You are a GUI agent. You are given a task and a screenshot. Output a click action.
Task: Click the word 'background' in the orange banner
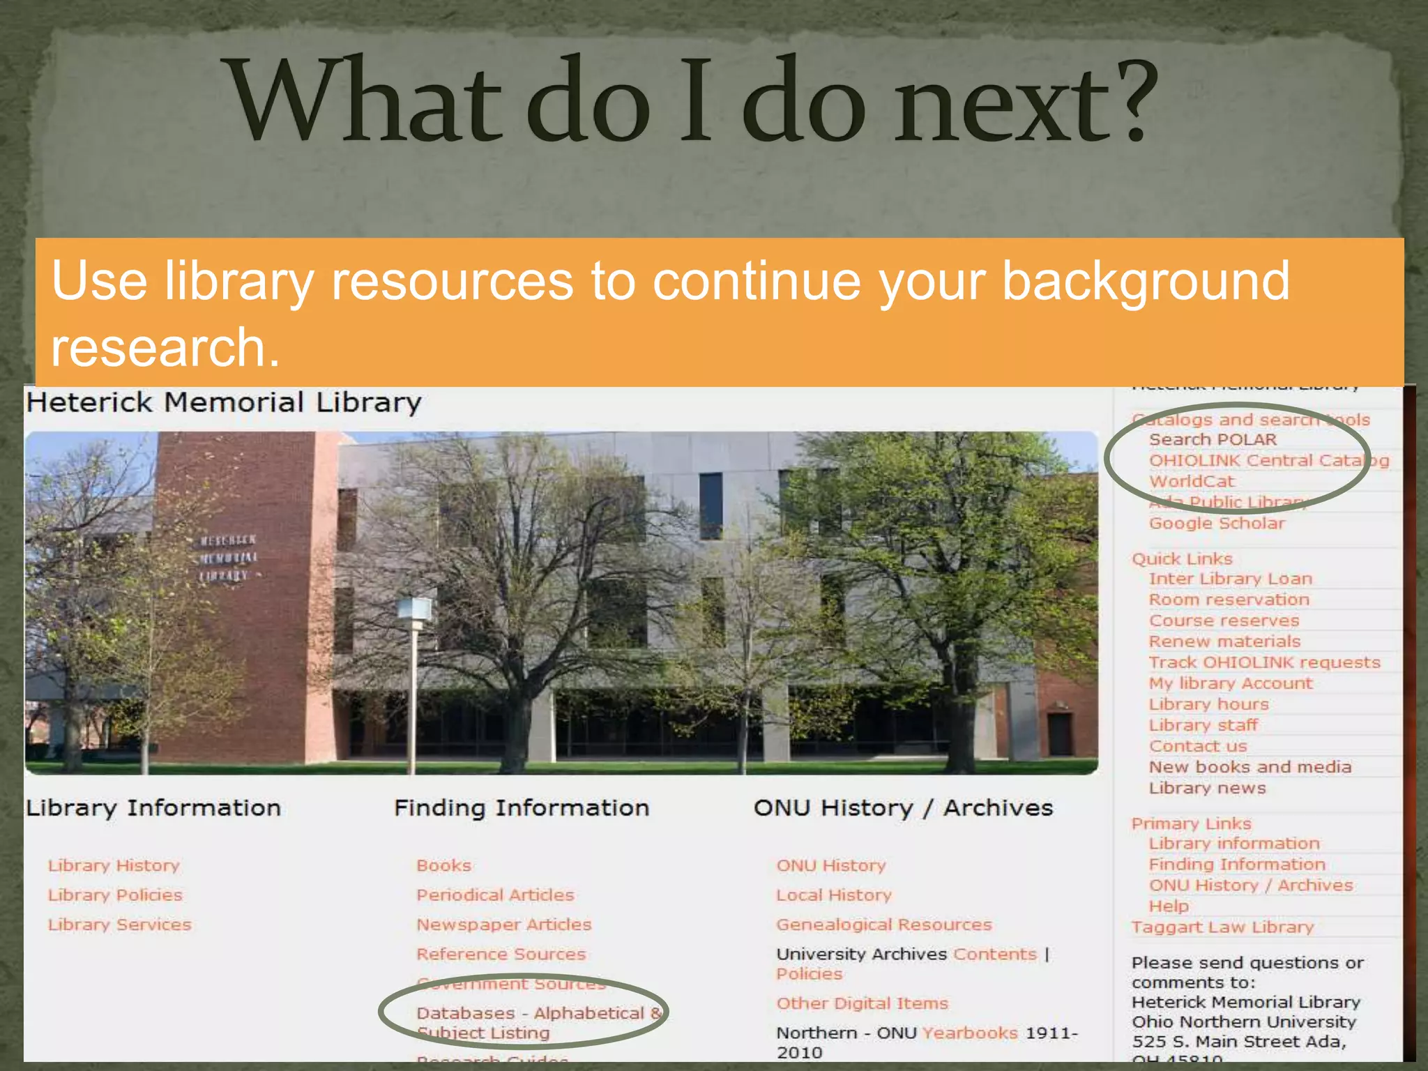click(x=1145, y=280)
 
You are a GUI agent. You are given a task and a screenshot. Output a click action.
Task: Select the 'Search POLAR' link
click(x=1213, y=440)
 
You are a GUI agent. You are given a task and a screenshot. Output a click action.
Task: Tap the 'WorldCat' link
click(x=1192, y=482)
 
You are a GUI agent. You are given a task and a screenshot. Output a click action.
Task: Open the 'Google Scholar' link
click(x=1217, y=524)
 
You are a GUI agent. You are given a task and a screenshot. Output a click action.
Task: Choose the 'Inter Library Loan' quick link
click(x=1231, y=579)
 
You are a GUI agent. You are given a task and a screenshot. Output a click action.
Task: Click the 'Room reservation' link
click(x=1229, y=600)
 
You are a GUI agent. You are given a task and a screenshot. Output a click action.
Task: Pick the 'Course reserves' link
click(x=1224, y=621)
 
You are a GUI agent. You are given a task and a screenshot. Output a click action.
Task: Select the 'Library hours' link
click(x=1208, y=705)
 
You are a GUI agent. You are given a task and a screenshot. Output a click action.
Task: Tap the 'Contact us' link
click(x=1198, y=747)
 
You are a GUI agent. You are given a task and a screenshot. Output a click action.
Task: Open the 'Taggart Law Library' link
click(x=1222, y=927)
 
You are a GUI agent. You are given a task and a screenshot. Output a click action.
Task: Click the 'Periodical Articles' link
click(x=495, y=895)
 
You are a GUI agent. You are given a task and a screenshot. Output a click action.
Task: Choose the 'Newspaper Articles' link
click(x=503, y=925)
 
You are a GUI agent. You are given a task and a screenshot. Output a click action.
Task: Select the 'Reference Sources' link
click(x=501, y=955)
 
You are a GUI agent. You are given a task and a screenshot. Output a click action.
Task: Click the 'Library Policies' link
click(x=115, y=895)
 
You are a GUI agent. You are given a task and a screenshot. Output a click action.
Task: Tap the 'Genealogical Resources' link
click(x=883, y=925)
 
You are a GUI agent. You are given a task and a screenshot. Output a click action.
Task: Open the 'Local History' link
click(x=834, y=895)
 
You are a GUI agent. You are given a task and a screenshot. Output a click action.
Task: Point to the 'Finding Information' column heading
click(x=522, y=808)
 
